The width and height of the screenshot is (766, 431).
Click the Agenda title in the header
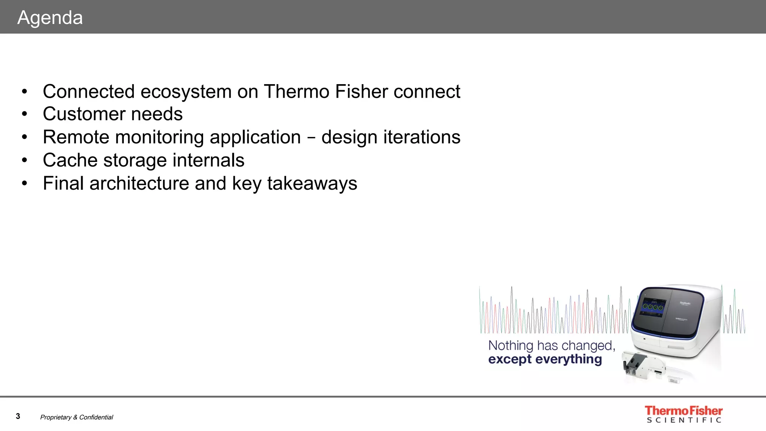tap(50, 18)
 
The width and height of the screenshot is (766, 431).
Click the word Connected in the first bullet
tap(89, 92)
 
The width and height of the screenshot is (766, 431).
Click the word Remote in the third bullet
tap(76, 137)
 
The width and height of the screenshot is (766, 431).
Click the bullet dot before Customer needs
tap(25, 114)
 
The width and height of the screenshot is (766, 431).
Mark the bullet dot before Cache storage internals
tap(25, 161)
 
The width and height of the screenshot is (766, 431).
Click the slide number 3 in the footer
tap(18, 416)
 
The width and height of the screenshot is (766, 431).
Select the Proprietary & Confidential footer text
tap(77, 417)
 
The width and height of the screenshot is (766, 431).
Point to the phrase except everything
tap(545, 359)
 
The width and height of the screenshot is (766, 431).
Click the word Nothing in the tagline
tap(511, 345)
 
